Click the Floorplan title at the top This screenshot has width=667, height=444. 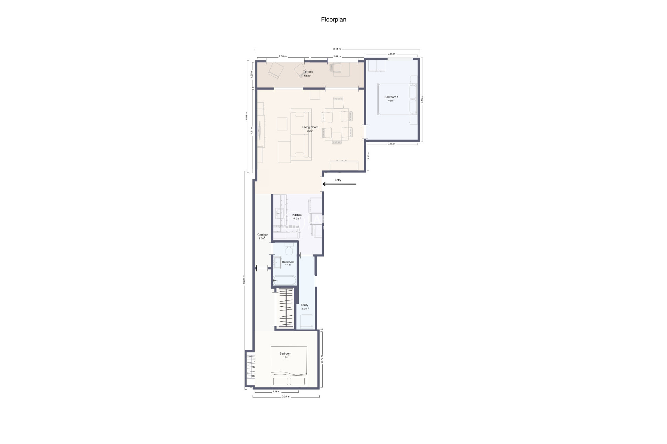333,20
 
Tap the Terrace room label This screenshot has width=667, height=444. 308,72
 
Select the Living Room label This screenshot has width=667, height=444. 310,127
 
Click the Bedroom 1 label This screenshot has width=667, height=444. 391,97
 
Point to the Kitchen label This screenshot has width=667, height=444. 297,215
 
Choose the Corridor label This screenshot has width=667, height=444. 262,235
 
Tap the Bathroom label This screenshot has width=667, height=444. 288,262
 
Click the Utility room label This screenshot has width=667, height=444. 305,305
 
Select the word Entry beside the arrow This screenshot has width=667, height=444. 338,180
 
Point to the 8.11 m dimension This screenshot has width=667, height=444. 337,49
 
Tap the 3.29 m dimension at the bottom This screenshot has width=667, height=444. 286,396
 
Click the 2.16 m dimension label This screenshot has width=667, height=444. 276,392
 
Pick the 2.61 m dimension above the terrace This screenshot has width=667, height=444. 337,56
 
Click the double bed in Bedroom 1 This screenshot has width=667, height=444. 394,99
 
